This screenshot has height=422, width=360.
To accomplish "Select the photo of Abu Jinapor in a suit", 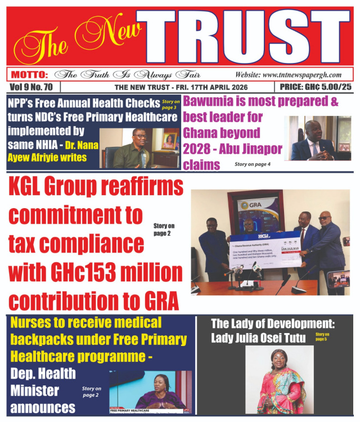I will point(318,138).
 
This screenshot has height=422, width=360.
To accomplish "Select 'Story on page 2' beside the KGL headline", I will point(164,230).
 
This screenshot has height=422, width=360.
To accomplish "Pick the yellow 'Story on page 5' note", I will point(322,336).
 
